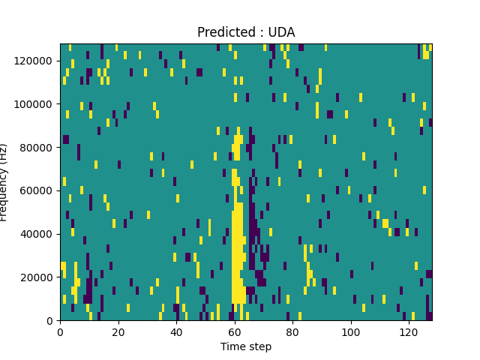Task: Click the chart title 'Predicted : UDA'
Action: point(246,32)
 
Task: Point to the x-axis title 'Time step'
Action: point(246,346)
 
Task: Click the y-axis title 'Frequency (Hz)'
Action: point(4,182)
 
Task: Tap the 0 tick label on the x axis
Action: point(61,331)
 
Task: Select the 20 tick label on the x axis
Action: point(118,331)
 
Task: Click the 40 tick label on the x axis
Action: point(176,331)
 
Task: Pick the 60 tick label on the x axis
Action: point(235,331)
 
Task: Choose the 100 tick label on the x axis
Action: point(350,331)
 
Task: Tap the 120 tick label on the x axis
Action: point(409,331)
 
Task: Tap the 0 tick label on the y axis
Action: point(50,321)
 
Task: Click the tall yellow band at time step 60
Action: point(237,247)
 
